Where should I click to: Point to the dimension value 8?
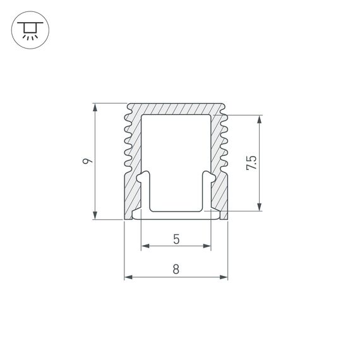coord(176,269)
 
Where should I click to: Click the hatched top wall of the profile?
coord(176,109)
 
